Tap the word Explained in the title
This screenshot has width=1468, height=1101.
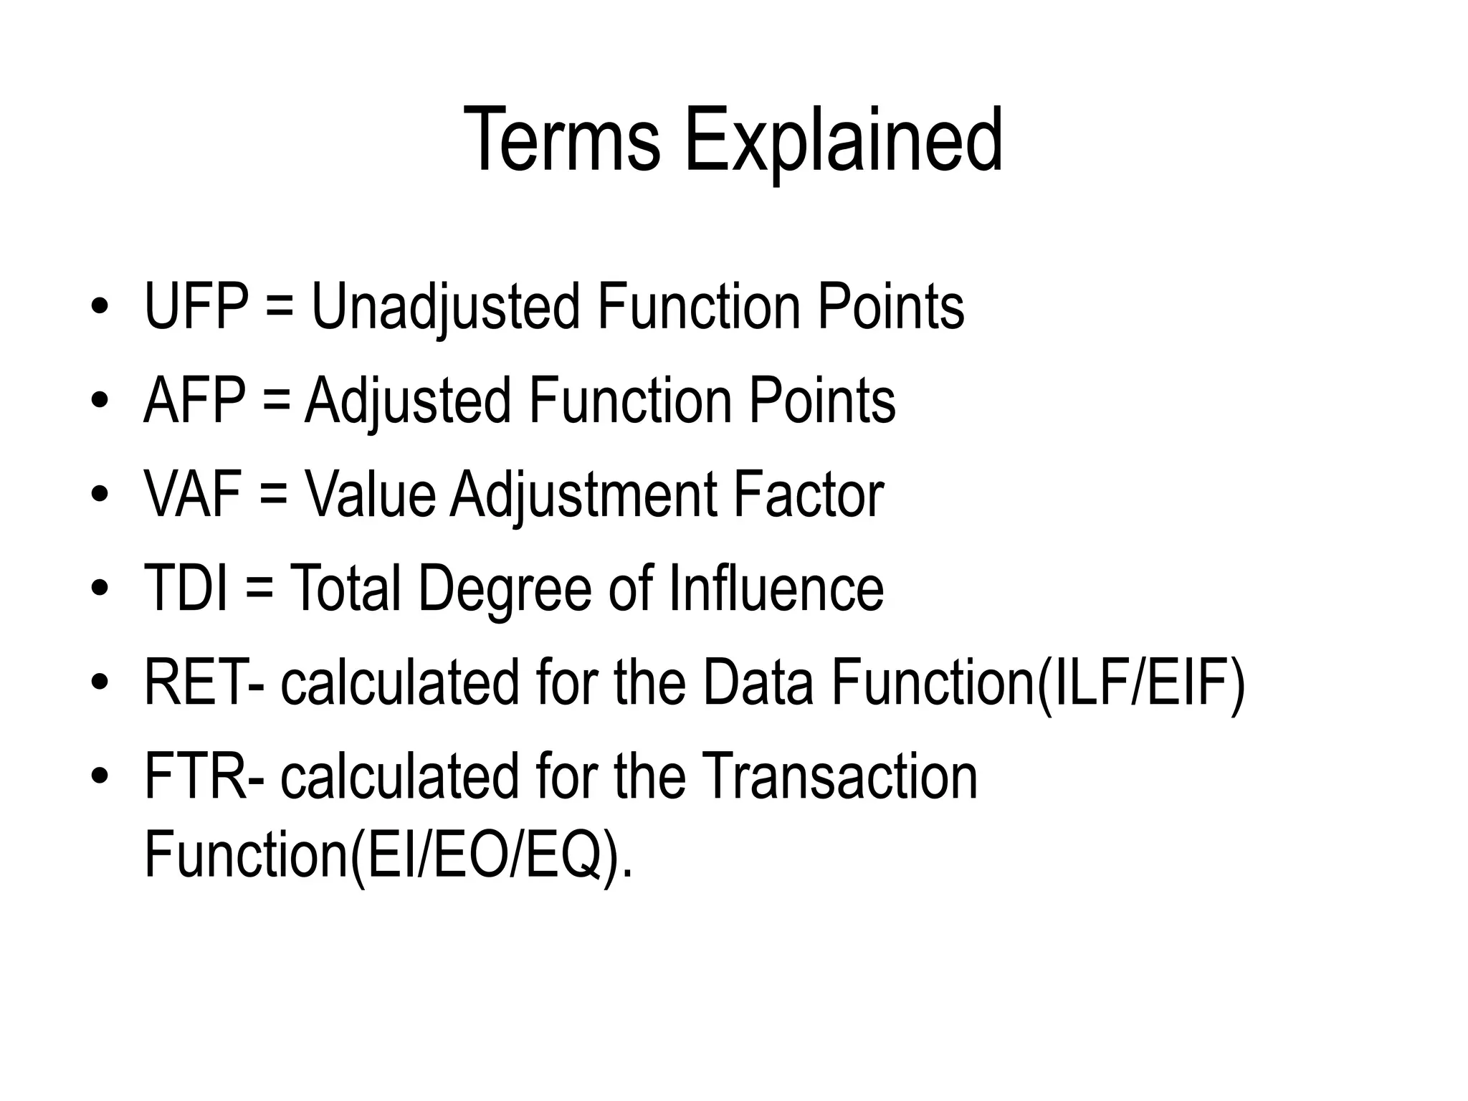[x=844, y=140]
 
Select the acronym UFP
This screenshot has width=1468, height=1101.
[x=196, y=307]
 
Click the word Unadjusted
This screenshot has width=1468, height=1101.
[x=445, y=307]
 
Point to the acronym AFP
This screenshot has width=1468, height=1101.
[x=194, y=401]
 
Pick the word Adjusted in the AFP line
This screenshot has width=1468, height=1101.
[x=407, y=401]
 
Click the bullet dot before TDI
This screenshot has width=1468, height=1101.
[x=100, y=590]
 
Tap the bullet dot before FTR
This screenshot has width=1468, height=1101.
[x=100, y=778]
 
